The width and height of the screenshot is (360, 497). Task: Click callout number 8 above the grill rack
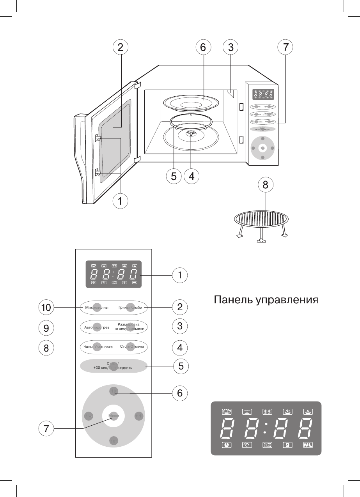265,186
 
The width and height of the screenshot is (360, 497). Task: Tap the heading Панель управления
266,300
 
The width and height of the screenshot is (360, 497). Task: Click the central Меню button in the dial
113,416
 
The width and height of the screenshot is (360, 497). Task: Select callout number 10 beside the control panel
46,308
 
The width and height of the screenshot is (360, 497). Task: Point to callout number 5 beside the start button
181,366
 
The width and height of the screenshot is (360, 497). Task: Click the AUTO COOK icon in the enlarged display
267,445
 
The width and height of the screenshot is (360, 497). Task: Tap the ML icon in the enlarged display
308,445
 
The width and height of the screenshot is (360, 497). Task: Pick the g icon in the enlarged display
287,445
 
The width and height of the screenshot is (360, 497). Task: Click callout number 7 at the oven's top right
285,48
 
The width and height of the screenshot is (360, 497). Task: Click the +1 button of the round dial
139,416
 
